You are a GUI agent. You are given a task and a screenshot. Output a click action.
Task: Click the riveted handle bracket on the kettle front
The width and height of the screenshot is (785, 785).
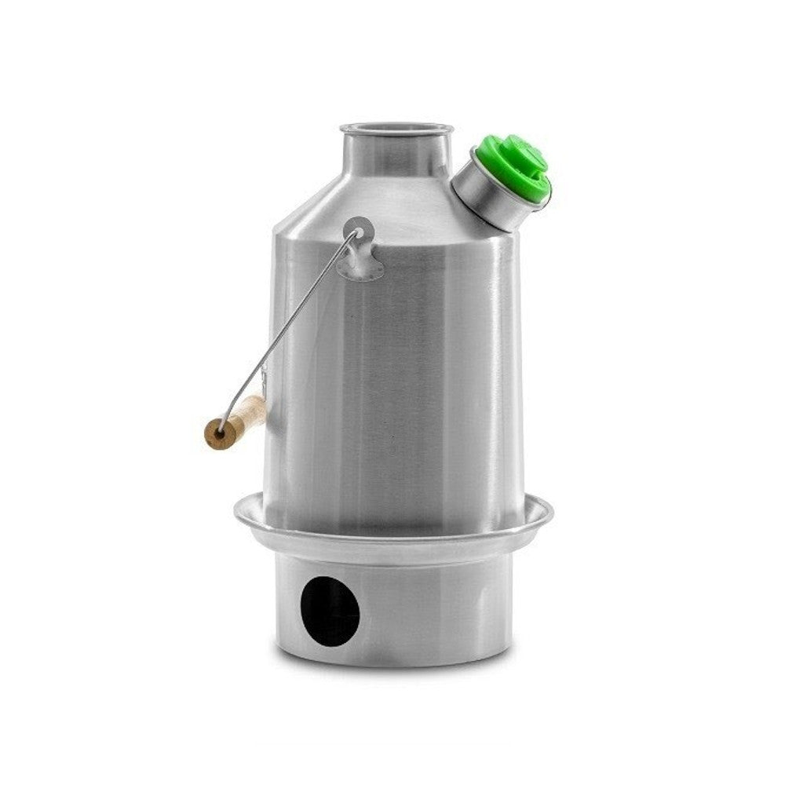(x=360, y=251)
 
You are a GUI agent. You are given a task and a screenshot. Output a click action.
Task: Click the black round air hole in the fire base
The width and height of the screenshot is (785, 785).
(x=331, y=611)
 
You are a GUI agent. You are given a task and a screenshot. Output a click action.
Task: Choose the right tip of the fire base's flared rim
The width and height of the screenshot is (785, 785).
(x=551, y=514)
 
